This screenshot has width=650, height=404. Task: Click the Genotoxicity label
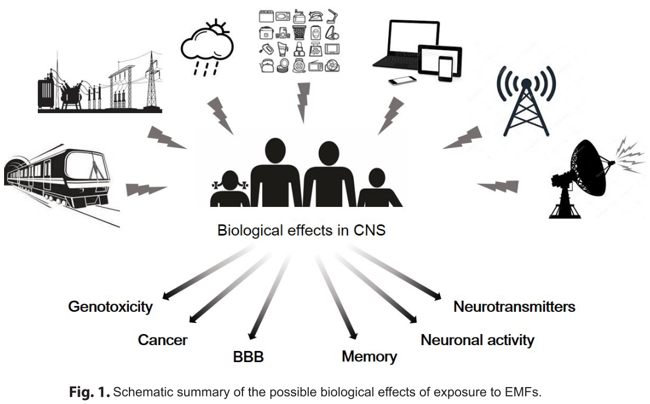(x=110, y=307)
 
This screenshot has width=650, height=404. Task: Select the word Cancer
(x=163, y=339)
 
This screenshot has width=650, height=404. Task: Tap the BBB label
(x=248, y=356)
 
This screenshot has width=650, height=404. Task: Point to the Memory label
(x=369, y=356)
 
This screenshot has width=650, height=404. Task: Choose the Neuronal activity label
(x=477, y=339)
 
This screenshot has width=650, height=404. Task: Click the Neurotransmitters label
(x=514, y=307)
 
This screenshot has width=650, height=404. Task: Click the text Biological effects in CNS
(x=301, y=230)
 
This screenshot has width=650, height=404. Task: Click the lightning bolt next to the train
(x=146, y=189)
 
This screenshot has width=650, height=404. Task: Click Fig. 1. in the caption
(x=89, y=392)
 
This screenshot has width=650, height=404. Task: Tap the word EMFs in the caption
(x=524, y=392)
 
